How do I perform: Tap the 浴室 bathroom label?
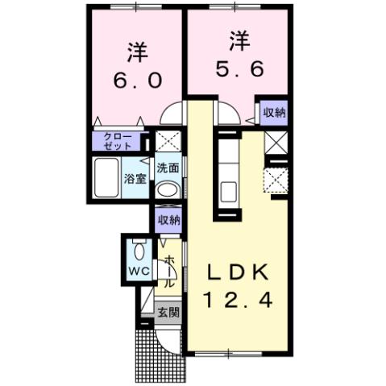pos(135,179)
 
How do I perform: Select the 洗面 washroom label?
pos(168,169)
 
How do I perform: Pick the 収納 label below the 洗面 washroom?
pos(168,220)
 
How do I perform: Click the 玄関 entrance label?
pos(168,310)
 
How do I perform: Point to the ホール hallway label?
pos(169,272)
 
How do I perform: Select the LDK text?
pos(238,272)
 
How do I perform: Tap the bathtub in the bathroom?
pos(106,179)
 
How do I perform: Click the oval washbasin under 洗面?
pos(168,190)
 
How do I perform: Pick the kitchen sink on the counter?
pos(227,192)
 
